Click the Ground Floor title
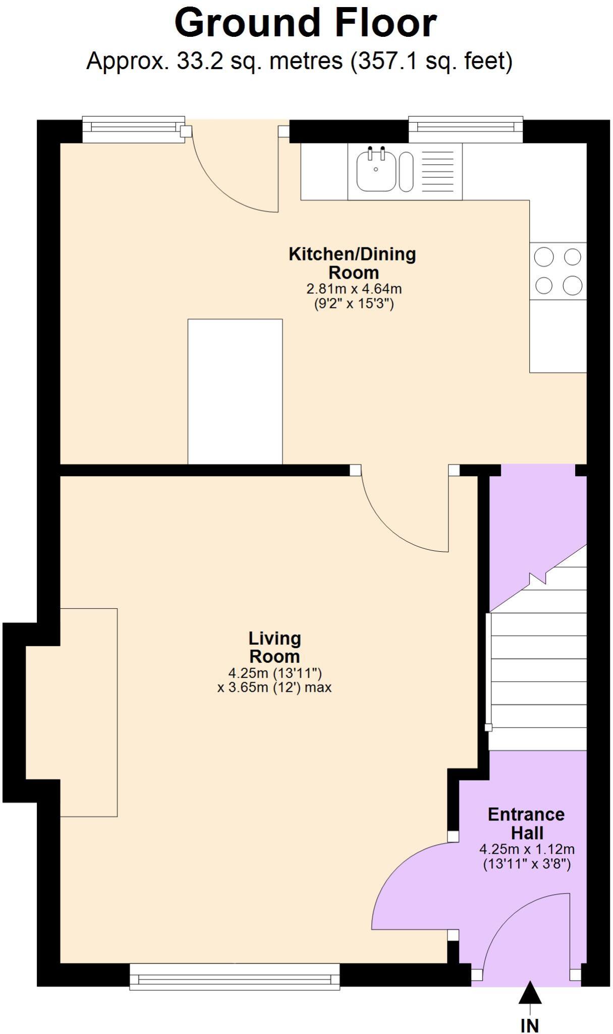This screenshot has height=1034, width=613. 305,23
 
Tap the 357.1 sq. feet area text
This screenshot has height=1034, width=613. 431,62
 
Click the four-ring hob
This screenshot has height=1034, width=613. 558,271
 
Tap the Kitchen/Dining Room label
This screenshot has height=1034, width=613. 353,263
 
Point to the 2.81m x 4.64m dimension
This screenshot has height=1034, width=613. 354,289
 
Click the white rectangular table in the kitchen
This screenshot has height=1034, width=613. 235,391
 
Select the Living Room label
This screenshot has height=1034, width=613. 275,647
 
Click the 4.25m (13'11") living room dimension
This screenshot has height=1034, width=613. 275,673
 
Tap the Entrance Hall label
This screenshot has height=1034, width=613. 526,823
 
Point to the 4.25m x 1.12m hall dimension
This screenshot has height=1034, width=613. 526,849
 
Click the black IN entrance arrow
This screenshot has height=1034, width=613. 530,993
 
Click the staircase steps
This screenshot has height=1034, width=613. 538,682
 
